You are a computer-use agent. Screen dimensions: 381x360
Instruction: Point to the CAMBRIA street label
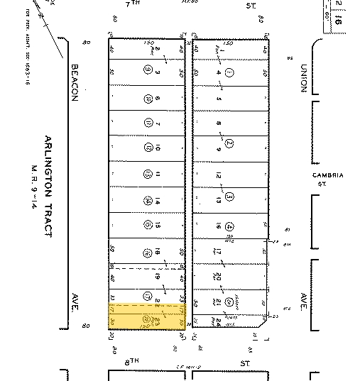(x=327, y=178)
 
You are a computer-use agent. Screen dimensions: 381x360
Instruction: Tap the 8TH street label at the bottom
(x=131, y=362)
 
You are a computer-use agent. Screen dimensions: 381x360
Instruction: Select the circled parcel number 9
(x=147, y=70)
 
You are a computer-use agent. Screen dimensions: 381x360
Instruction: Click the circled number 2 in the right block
(x=229, y=143)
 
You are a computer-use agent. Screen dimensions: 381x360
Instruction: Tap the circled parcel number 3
(x=229, y=196)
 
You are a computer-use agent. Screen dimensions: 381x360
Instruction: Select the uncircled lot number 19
(x=158, y=277)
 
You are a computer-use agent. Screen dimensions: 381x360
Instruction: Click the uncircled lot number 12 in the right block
(x=219, y=175)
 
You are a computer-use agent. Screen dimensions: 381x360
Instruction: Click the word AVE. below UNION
(x=303, y=297)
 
